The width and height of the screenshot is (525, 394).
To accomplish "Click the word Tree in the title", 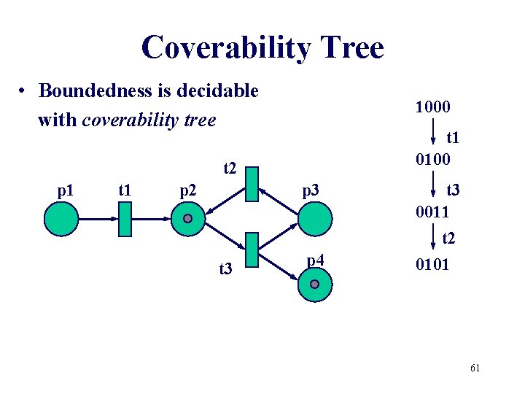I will [x=346, y=48].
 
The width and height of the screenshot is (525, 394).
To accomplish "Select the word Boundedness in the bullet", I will [x=87, y=91].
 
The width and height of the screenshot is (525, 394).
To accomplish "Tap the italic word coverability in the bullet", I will [x=127, y=120].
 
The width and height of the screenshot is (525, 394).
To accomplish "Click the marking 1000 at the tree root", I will [x=432, y=107].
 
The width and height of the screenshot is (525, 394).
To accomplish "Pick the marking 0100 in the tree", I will [x=432, y=159].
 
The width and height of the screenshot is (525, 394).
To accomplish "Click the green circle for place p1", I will [x=61, y=218].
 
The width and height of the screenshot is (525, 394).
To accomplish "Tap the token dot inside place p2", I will [x=187, y=218].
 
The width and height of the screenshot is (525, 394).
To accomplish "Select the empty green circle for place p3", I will [x=314, y=218].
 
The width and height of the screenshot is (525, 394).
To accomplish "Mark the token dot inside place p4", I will [x=314, y=284].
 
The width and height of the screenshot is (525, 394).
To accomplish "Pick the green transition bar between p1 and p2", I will [x=124, y=219].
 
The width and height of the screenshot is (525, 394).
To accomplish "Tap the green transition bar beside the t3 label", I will [x=252, y=250].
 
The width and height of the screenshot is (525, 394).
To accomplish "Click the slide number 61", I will [x=475, y=368].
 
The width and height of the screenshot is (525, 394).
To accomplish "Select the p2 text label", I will [x=188, y=192].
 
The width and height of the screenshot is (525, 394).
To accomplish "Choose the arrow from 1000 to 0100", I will [x=434, y=134].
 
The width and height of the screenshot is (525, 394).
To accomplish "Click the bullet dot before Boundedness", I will [x=24, y=92].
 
